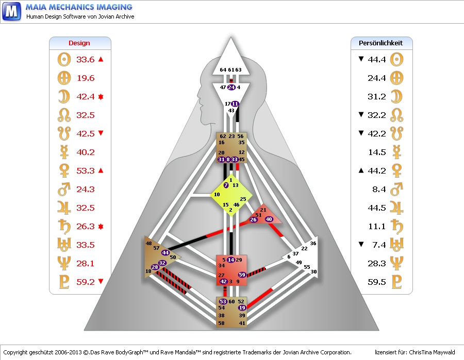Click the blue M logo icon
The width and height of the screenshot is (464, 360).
12,10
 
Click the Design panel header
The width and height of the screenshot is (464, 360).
79,43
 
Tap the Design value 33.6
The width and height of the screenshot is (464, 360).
86,60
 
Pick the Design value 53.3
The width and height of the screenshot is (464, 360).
86,171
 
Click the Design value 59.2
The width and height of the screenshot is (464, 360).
86,282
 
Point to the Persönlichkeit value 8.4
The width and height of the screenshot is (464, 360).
379,190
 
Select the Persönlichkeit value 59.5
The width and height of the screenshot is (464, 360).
377,282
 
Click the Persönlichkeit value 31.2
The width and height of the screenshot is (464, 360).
377,97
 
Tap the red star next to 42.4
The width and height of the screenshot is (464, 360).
101,97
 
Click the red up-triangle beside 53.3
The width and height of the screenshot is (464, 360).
101,170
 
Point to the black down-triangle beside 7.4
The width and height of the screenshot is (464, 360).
361,245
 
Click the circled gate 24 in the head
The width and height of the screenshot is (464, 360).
231,88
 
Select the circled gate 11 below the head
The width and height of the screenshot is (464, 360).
235,104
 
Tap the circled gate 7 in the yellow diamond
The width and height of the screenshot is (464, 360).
226,185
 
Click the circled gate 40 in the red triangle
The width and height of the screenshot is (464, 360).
269,219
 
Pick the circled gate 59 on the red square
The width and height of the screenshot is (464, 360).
242,275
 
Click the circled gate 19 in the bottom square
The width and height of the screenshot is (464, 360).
242,308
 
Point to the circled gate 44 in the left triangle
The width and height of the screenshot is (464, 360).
165,252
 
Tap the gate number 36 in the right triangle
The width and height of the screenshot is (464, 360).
313,243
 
